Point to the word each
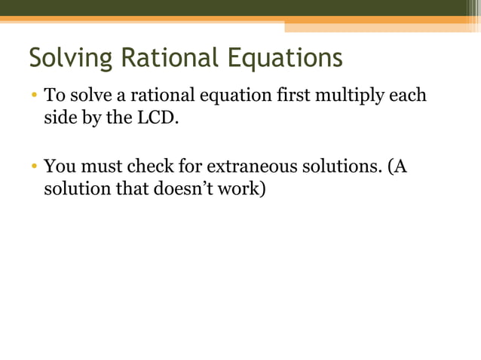(x=408, y=96)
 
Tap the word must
(x=100, y=166)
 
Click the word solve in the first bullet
(x=87, y=96)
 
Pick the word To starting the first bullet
(x=54, y=96)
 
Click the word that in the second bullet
(x=131, y=189)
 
